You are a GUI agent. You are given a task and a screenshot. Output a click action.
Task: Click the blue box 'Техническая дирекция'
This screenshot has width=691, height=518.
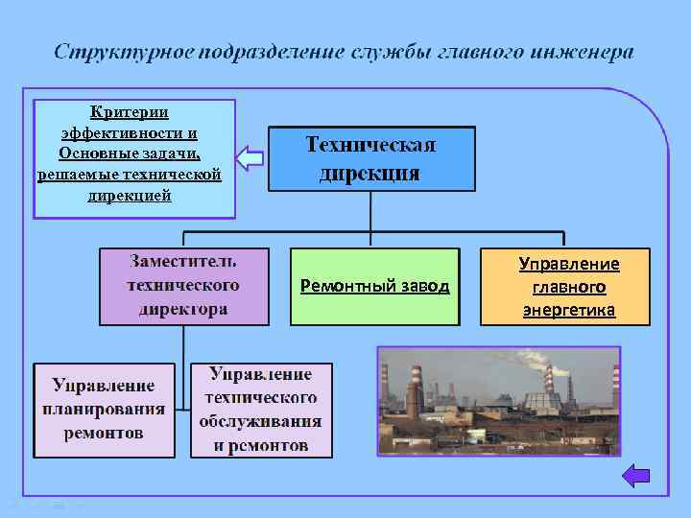(370, 158)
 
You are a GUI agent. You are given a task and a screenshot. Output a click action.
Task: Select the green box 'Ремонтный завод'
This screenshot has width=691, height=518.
(374, 286)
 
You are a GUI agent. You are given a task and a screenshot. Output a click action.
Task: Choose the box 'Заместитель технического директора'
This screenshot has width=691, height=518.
(183, 286)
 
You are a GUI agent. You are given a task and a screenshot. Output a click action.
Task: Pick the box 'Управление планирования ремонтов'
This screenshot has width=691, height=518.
(104, 410)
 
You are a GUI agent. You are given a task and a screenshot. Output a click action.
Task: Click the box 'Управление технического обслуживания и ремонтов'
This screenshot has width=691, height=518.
(261, 410)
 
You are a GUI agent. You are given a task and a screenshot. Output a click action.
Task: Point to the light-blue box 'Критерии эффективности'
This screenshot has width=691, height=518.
(133, 159)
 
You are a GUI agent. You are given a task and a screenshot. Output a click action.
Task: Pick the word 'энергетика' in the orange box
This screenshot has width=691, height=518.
(569, 310)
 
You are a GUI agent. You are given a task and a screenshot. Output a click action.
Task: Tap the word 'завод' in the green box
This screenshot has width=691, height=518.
(424, 286)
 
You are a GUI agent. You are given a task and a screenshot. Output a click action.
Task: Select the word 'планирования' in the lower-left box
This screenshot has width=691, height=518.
(104, 410)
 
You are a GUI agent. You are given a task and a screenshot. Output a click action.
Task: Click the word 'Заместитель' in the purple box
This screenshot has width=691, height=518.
(183, 261)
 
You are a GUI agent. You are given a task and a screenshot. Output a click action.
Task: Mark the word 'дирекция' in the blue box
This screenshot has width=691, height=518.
(370, 173)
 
